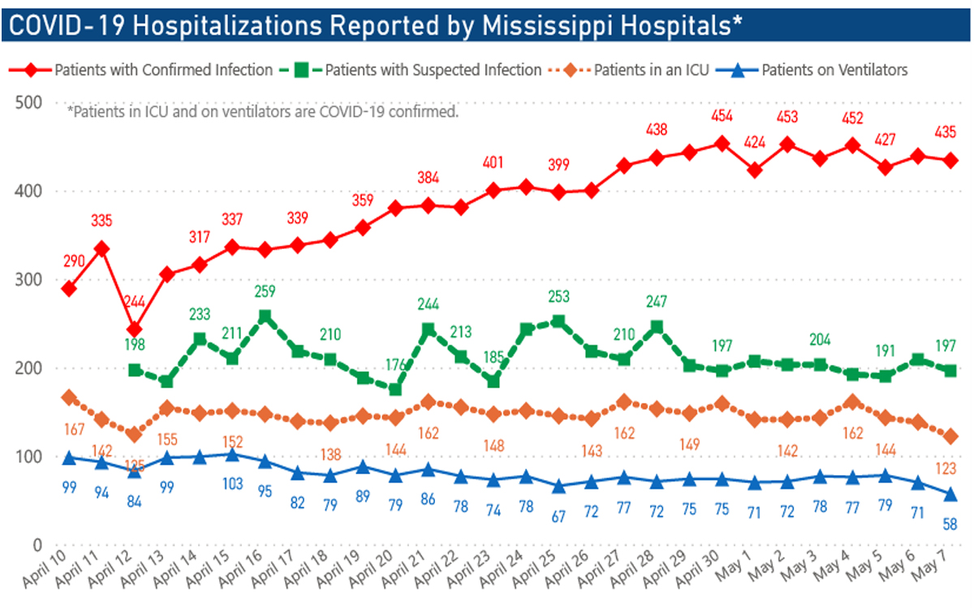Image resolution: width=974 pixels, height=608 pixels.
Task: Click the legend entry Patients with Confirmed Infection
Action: pos(163,70)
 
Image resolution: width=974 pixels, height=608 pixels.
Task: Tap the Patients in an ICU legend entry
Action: pos(652,70)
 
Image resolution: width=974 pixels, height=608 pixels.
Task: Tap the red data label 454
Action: pos(721,116)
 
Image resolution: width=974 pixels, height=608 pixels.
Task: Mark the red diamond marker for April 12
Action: pos(135,330)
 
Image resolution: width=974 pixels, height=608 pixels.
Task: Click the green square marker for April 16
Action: pos(265,317)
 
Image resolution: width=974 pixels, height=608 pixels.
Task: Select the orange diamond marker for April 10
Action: pos(69,397)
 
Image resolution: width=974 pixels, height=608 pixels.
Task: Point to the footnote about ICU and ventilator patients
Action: pos(264,112)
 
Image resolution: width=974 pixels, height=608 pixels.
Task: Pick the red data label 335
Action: pos(102,219)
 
